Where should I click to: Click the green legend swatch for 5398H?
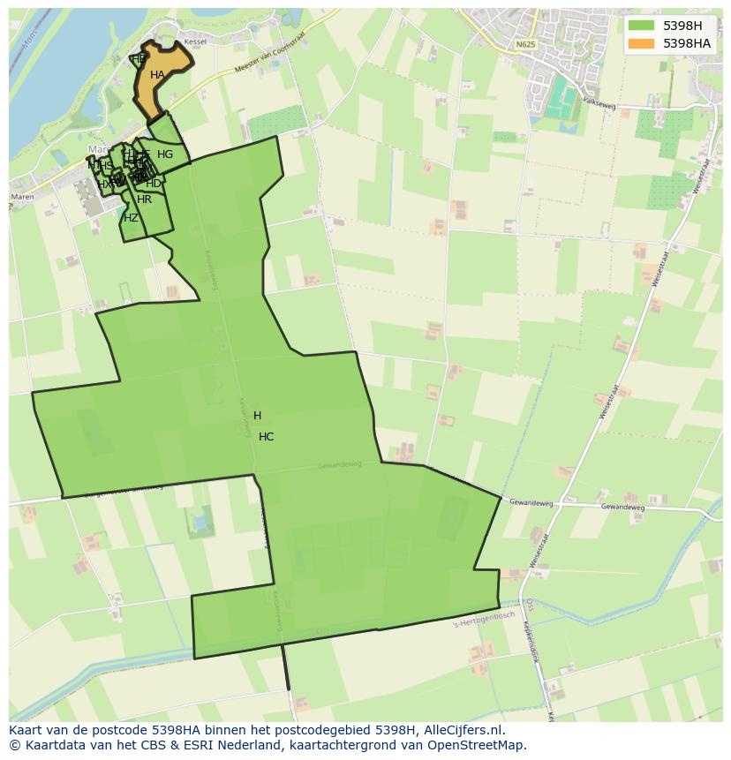click(642, 26)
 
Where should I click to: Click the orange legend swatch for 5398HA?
click(642, 43)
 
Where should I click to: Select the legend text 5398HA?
click(687, 43)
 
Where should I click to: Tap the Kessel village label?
click(195, 41)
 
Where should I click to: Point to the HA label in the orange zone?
click(157, 75)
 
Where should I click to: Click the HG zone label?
click(165, 154)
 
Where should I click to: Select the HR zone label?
click(145, 199)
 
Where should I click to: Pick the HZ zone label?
click(131, 218)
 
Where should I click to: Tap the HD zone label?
click(154, 184)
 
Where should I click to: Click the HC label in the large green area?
click(266, 437)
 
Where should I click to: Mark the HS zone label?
click(106, 166)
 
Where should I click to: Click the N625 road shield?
click(526, 44)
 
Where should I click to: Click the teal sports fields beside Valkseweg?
click(560, 99)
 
